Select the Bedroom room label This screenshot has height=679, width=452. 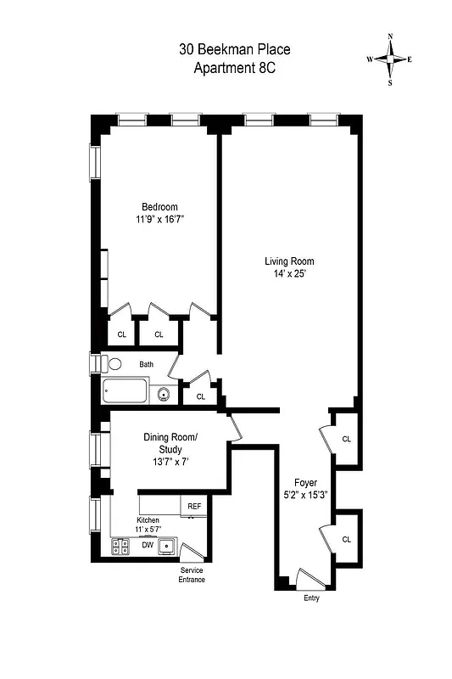tap(159, 207)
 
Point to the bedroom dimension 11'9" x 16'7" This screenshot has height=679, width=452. tap(159, 219)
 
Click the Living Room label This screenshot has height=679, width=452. tap(289, 261)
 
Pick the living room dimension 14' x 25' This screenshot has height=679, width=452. tap(289, 274)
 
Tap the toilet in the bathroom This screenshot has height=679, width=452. tap(114, 364)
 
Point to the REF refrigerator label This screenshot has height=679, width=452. tap(194, 507)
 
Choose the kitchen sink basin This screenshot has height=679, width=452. tap(168, 546)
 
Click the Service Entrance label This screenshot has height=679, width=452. tap(191, 575)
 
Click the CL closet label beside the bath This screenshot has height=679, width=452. tap(200, 396)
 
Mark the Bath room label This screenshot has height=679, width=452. tap(147, 365)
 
